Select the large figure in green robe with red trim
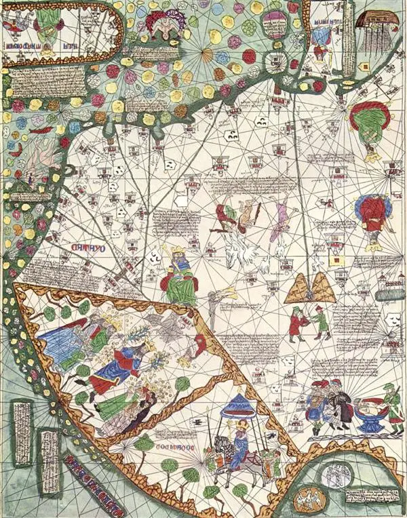point(366,129)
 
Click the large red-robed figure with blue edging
point(372,215)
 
